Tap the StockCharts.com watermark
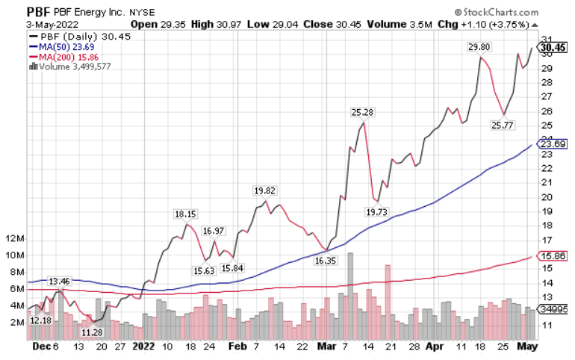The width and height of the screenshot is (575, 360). point(515,12)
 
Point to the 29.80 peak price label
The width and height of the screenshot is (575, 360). point(479,47)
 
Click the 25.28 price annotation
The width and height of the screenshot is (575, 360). point(363,112)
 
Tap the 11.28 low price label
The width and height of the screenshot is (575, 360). point(92,332)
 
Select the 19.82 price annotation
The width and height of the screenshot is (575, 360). point(265,190)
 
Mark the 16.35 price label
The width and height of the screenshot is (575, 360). point(325,261)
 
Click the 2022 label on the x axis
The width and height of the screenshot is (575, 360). point(143,347)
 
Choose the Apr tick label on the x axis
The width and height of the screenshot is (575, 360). point(435,347)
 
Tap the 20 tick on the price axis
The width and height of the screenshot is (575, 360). point(546,197)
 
